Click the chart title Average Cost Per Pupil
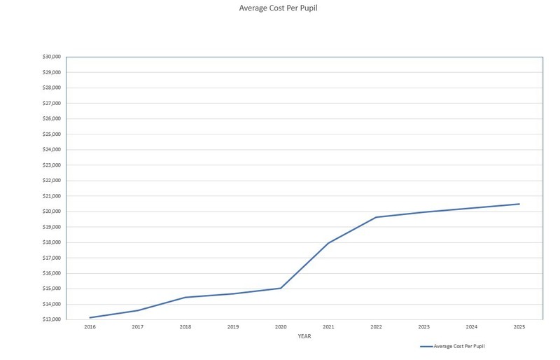[273, 8]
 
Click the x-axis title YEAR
[304, 336]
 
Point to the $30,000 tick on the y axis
[52, 57]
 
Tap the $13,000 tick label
[52, 319]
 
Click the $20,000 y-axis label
[52, 212]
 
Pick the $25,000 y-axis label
[52, 134]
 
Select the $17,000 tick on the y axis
[52, 258]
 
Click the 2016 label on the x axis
[90, 327]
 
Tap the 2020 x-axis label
[281, 327]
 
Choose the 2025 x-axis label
[519, 327]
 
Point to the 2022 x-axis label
[376, 327]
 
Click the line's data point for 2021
[328, 243]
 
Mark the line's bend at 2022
[376, 217]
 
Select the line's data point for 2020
[281, 288]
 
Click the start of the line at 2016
[90, 317]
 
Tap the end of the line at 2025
[519, 204]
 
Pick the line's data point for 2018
[185, 297]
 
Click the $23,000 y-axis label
[52, 165]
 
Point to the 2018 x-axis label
[185, 327]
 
